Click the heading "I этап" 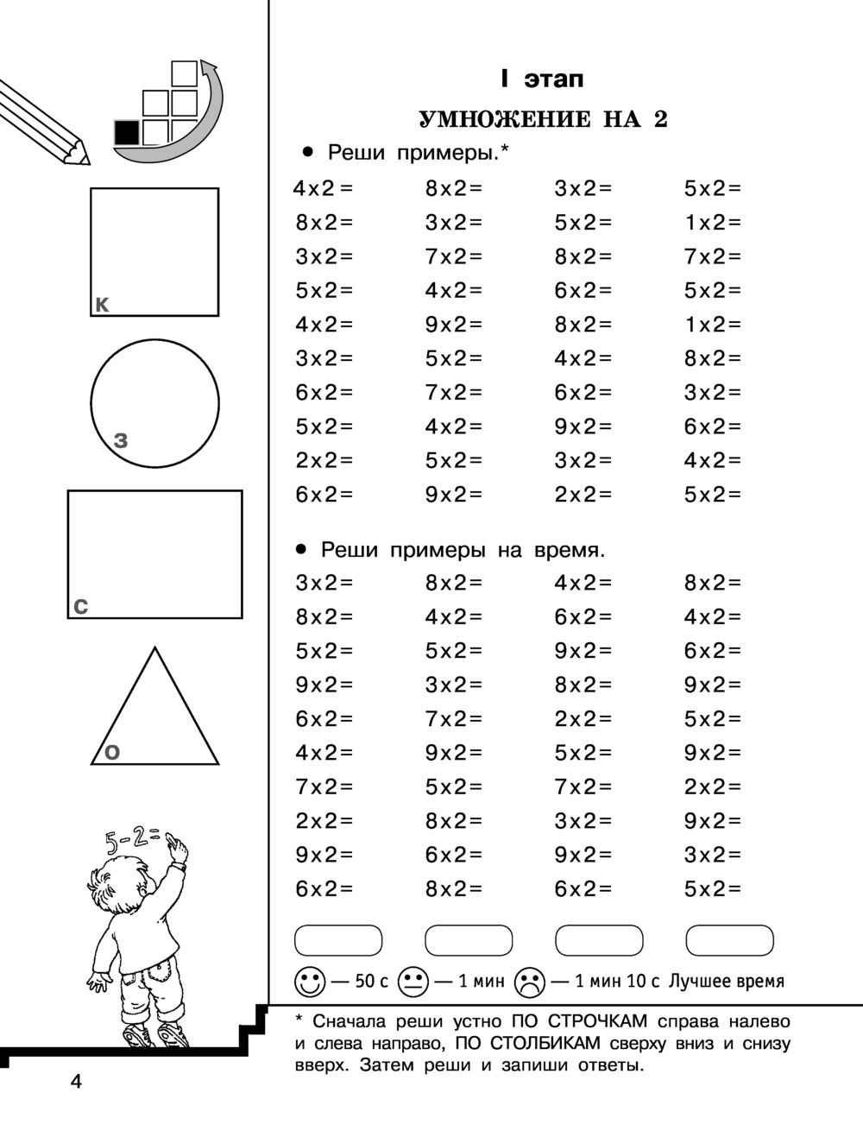[542, 79]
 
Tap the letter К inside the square [102, 304]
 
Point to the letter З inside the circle [121, 441]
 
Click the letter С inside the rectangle [80, 607]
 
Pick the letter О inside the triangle [111, 753]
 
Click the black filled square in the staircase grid [126, 133]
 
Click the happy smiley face [311, 982]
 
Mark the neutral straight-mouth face [413, 982]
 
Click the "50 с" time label [371, 982]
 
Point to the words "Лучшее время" [727, 982]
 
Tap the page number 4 [76, 1082]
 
